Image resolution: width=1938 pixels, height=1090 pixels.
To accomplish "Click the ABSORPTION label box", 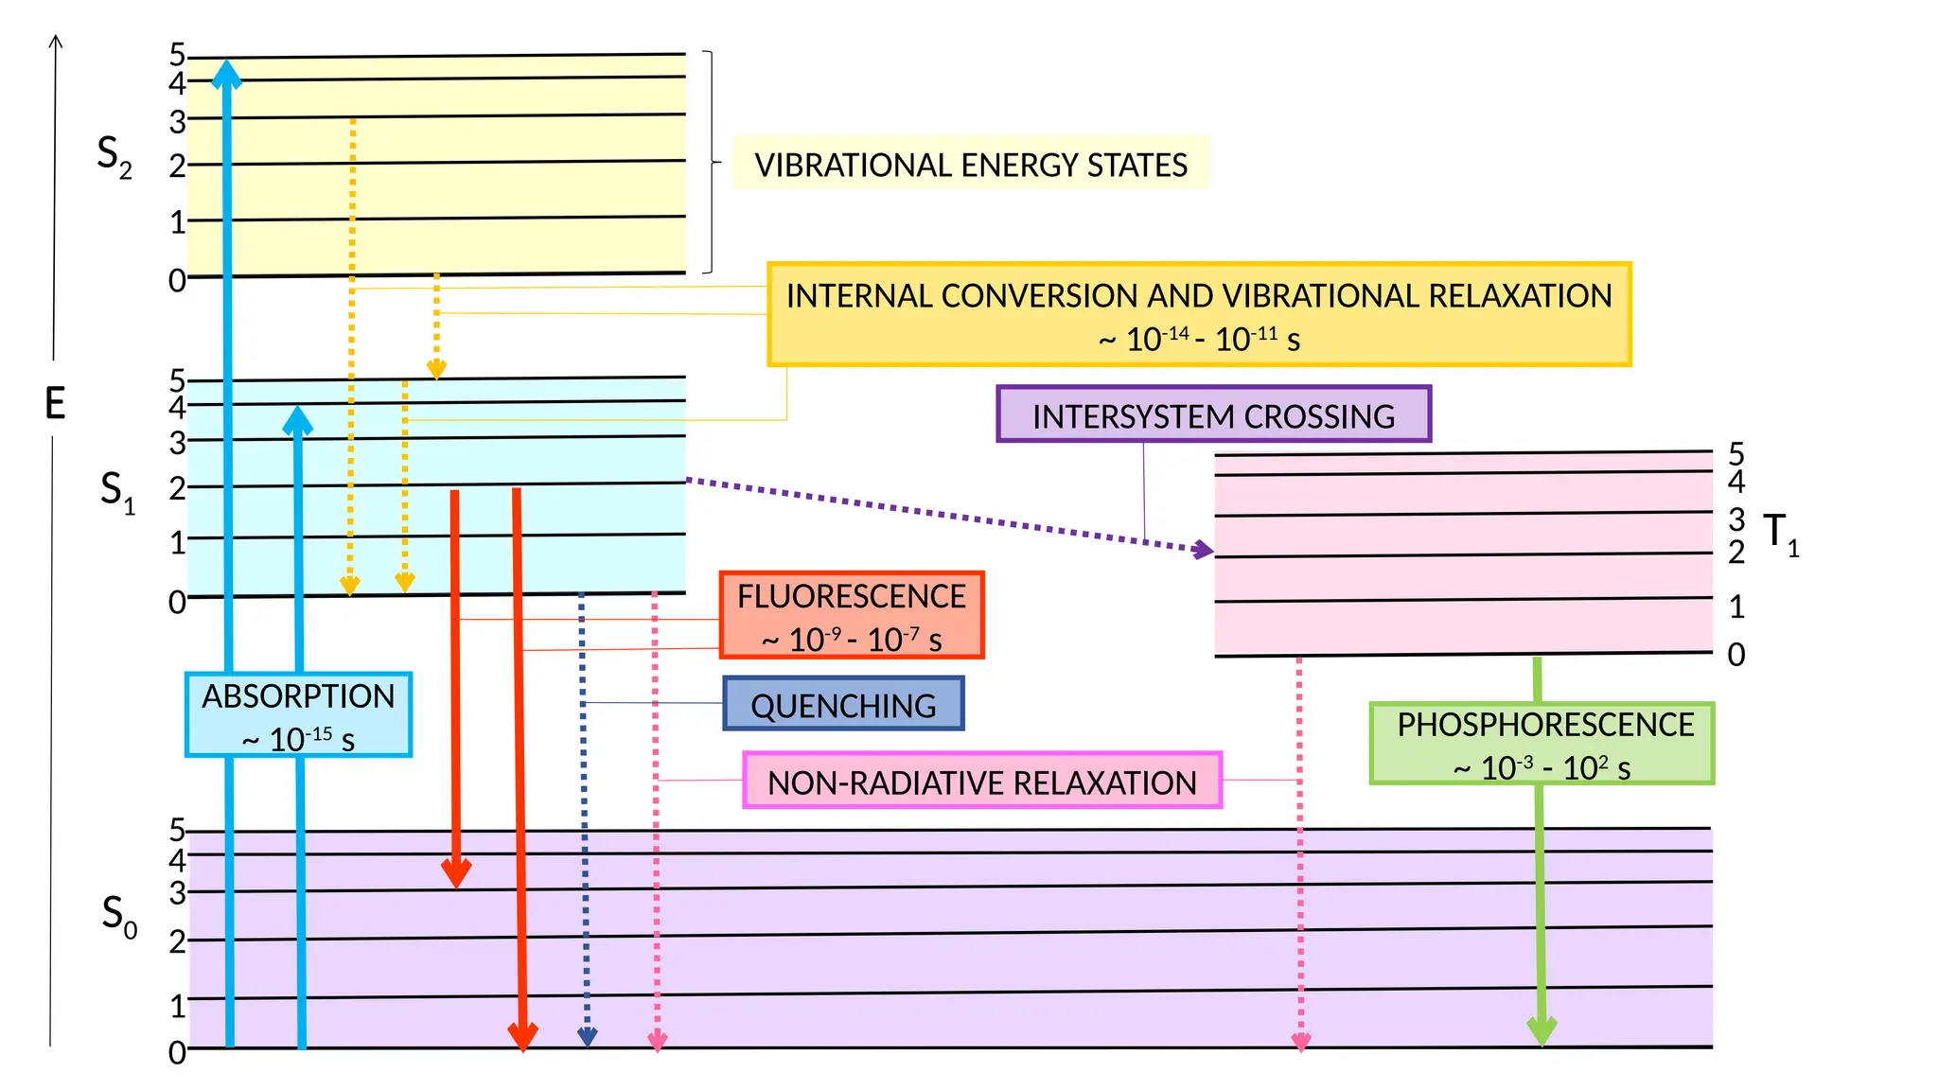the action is tap(298, 714).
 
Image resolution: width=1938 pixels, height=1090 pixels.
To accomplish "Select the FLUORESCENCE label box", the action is tap(852, 615).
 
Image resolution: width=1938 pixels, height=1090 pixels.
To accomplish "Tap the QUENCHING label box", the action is tap(843, 703).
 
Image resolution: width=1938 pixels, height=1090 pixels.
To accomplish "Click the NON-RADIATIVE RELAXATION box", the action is tap(982, 781).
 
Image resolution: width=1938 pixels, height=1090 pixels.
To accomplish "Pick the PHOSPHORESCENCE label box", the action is tap(1542, 744).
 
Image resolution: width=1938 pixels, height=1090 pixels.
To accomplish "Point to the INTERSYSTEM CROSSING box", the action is tap(1214, 414).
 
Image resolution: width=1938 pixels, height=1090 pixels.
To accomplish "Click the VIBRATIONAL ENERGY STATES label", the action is tap(971, 164).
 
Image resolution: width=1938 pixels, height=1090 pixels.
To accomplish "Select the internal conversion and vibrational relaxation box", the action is tap(1199, 314).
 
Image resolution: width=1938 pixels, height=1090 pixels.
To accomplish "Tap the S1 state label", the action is tap(117, 492).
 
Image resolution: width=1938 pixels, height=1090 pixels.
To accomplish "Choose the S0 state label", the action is tap(119, 916).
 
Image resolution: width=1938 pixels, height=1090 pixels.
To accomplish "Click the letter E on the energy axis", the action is tap(55, 404).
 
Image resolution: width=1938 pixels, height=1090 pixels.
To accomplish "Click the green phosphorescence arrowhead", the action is tap(1542, 1031).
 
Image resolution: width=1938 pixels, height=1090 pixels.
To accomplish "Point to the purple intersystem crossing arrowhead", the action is tap(1204, 549).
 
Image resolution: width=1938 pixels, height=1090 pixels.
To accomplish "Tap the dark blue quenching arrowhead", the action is tap(587, 1037).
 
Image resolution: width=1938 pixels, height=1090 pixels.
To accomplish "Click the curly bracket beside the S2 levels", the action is tap(712, 162).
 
